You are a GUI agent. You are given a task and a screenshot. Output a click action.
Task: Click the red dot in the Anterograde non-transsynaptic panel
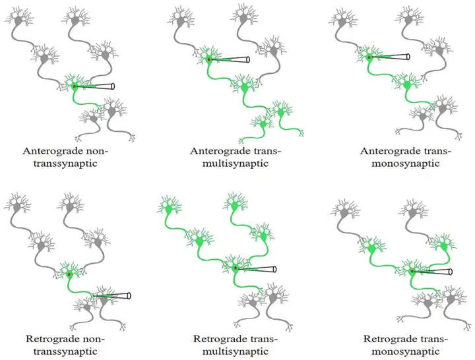[75, 86]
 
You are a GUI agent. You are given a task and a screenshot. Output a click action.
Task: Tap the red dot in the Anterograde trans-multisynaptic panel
[209, 60]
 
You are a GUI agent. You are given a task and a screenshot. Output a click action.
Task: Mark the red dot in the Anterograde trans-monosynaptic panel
[369, 57]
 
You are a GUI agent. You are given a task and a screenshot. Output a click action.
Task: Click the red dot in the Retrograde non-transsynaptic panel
[69, 274]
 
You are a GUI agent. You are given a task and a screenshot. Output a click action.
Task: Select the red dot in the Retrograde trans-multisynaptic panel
[236, 268]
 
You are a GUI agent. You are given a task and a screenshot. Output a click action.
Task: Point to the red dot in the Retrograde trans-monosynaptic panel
[412, 271]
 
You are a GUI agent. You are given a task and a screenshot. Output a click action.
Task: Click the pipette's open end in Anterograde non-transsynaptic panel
[113, 86]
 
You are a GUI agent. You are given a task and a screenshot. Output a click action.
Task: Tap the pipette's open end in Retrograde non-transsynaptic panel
[129, 296]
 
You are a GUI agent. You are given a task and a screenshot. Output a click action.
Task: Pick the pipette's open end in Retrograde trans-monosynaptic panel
[451, 271]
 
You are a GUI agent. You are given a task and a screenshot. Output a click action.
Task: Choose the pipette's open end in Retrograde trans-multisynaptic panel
[274, 268]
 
